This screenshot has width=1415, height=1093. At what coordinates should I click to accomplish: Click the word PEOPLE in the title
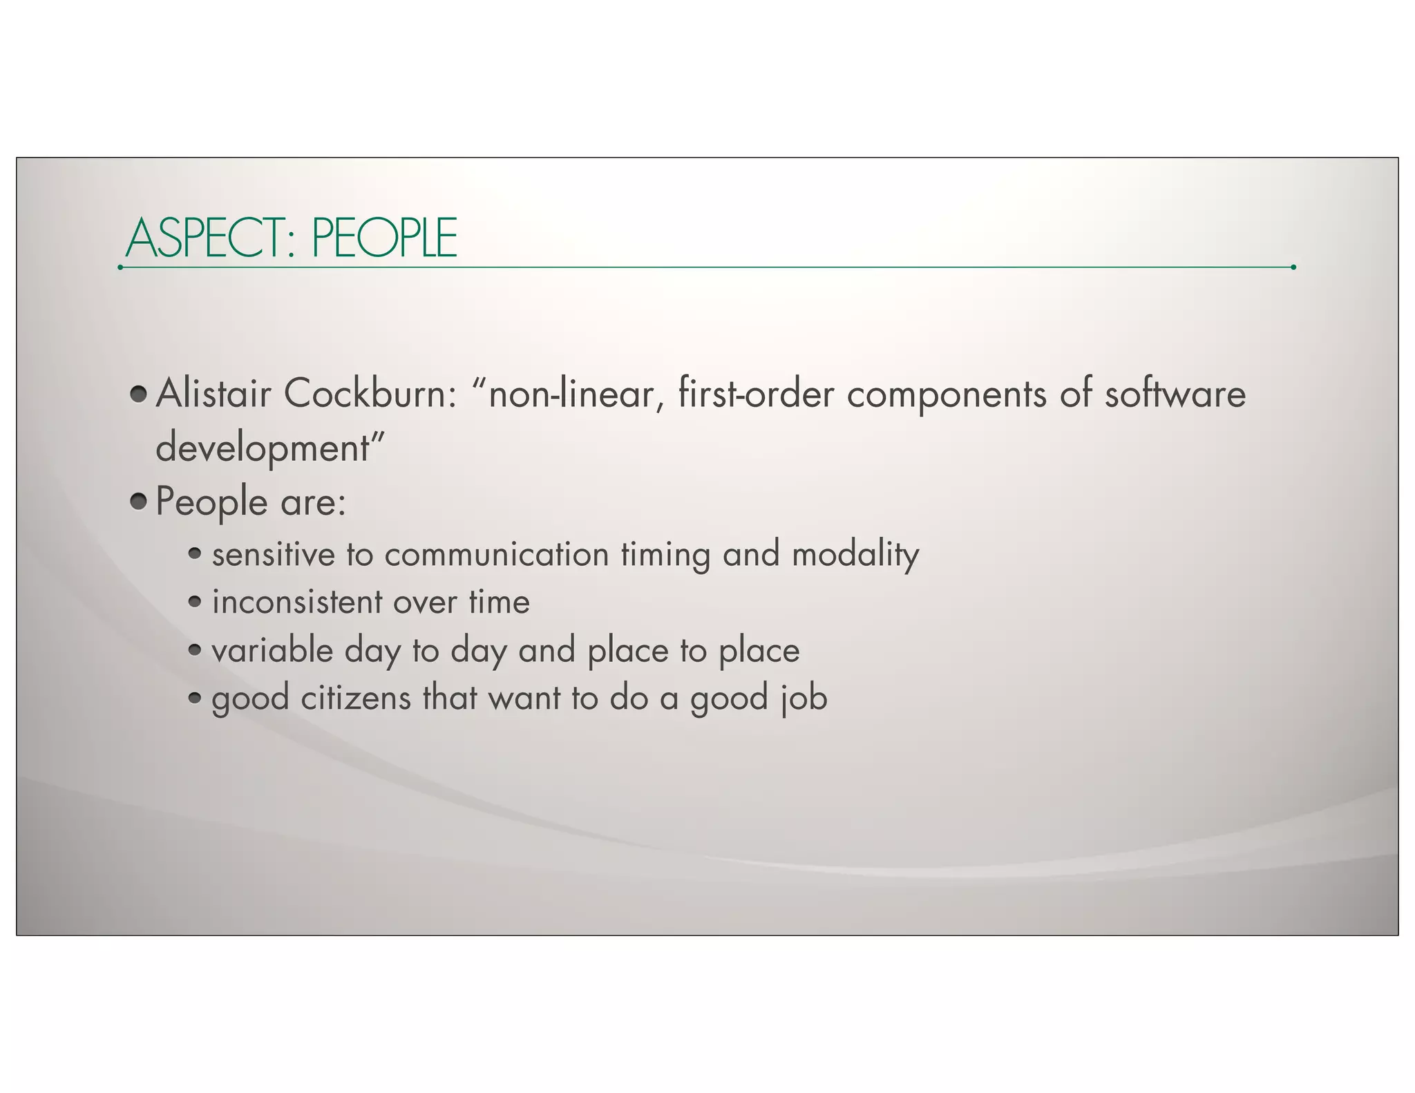tap(384, 238)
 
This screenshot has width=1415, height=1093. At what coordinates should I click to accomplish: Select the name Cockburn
tap(369, 394)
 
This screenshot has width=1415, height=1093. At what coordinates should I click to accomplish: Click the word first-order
tap(756, 394)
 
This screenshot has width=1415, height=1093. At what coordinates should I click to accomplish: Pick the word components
tap(947, 395)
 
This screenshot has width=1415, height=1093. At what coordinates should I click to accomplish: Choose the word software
tap(1175, 394)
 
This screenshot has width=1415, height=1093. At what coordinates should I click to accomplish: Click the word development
tap(263, 448)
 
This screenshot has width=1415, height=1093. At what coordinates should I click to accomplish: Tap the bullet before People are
tap(139, 502)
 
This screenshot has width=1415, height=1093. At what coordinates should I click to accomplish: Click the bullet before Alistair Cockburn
tap(139, 394)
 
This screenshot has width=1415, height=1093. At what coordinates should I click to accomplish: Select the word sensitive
tap(273, 555)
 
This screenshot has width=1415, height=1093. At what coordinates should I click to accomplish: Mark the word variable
tap(272, 651)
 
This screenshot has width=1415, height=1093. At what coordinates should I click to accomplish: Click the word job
tap(804, 698)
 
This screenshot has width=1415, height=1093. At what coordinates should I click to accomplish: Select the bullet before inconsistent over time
tap(195, 602)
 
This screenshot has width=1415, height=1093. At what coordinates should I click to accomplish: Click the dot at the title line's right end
tap(1293, 267)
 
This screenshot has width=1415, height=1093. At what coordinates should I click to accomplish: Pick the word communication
tap(496, 555)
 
